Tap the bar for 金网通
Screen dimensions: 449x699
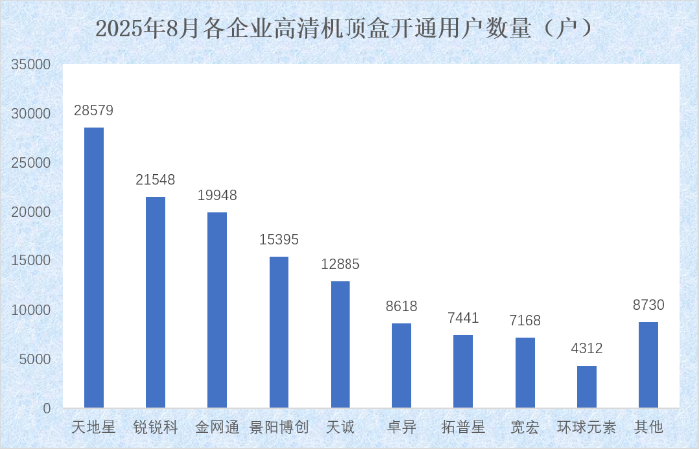tap(217, 310)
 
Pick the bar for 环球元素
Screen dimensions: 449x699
tap(587, 387)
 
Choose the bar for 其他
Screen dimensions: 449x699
tap(648, 365)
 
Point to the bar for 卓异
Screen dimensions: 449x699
tap(402, 366)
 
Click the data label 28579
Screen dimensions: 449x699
tap(94, 111)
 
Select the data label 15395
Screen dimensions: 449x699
tap(279, 240)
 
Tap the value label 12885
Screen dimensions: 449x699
tap(341, 265)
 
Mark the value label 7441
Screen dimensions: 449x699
tap(463, 318)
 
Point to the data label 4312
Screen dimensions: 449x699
tap(587, 349)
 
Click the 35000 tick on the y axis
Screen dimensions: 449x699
tap(31, 64)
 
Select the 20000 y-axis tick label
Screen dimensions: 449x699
tap(31, 212)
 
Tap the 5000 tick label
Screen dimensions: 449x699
tap(35, 359)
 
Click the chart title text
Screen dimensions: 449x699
tap(349, 28)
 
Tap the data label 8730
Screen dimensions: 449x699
tap(648, 305)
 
